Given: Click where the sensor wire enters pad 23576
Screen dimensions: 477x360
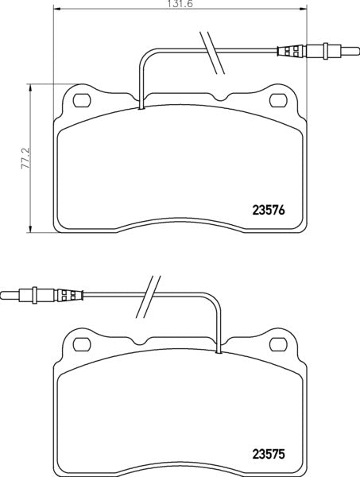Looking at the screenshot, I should [x=141, y=108].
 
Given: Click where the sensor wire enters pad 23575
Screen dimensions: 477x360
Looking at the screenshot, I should [x=218, y=349].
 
